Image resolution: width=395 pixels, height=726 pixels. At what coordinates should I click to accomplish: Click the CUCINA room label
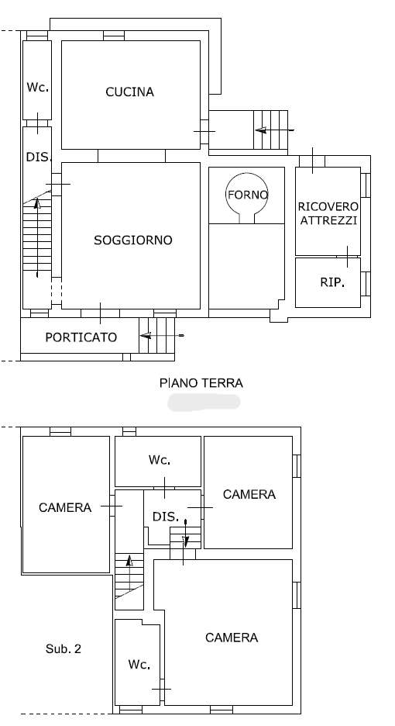pos(129,92)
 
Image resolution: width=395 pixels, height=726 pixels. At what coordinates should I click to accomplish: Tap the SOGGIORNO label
pos(132,240)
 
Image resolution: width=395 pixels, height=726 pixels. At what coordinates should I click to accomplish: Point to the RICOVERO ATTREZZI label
pos(328,213)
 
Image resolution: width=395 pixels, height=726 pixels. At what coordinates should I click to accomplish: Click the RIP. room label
pos(332,282)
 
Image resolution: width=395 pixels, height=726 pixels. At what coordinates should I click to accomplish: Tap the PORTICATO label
pos(81,337)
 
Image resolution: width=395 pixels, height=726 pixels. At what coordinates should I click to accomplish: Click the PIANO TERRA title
pos(201,383)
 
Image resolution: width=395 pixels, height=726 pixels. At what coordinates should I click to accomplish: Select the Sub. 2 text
pos(64,648)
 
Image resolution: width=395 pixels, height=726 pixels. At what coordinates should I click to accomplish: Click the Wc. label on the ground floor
pos(38,87)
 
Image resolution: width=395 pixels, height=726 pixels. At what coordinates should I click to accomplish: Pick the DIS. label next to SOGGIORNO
pos(38,157)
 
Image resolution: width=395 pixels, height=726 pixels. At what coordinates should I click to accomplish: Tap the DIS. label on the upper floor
pos(166,517)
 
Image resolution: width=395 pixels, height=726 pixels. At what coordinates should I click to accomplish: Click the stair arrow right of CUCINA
pos(274,130)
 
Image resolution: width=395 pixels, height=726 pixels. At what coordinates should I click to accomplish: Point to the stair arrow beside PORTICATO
pos(161,335)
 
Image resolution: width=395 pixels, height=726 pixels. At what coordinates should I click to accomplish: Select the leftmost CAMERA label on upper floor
pos(65,507)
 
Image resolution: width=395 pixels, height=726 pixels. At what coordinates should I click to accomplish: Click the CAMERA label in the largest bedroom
pos(232,638)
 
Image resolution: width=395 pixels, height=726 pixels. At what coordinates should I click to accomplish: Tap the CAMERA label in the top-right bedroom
pos(249,494)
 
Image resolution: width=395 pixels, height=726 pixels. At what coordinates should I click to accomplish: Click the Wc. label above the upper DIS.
pos(160,460)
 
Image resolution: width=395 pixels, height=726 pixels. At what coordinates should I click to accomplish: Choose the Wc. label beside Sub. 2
pos(139,665)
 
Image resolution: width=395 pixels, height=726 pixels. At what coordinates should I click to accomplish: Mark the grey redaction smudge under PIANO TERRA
pos(204,403)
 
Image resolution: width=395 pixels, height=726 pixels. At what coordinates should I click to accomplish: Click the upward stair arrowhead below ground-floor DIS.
pos(37,202)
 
